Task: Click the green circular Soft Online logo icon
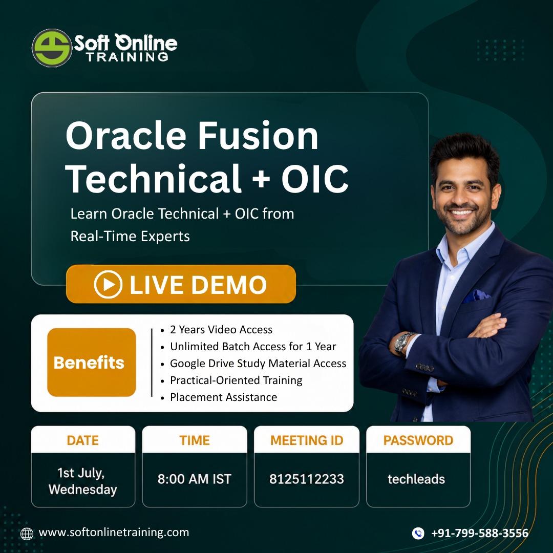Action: [52, 48]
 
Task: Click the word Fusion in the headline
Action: [258, 136]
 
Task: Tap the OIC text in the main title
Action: [314, 179]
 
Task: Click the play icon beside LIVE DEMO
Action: [108, 284]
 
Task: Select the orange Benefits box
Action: [91, 362]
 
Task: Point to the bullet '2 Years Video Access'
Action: [221, 329]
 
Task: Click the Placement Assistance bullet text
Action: [224, 397]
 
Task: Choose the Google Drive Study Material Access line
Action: [258, 363]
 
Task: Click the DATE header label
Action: [83, 440]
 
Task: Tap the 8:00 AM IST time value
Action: [195, 479]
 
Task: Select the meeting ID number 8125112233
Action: [307, 479]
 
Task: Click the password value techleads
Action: [416, 479]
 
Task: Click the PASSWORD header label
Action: [418, 440]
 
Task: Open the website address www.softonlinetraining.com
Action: [114, 532]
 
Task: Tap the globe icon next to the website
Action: [27, 534]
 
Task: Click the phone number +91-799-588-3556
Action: [480, 533]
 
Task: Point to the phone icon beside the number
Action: [418, 533]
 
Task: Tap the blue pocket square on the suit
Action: [476, 295]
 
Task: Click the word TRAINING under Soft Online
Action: [127, 57]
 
